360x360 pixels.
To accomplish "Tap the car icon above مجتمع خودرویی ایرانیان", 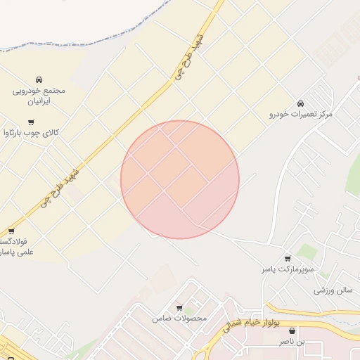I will [39, 79].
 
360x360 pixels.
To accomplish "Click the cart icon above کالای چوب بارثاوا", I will [31, 122].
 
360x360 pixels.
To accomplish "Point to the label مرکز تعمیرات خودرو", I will [302, 113].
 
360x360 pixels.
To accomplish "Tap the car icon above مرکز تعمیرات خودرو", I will [301, 103].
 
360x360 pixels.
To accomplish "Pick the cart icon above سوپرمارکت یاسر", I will [287, 259].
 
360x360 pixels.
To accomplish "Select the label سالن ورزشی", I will [333, 289].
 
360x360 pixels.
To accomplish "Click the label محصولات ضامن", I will [179, 319].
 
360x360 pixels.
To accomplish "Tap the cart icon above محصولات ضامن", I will [179, 308].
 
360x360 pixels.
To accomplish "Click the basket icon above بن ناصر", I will [292, 330].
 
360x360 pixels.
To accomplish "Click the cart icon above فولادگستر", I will [11, 231].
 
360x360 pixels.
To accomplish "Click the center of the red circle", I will [180, 179].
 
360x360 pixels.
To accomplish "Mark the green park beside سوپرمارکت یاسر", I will [306, 252].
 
